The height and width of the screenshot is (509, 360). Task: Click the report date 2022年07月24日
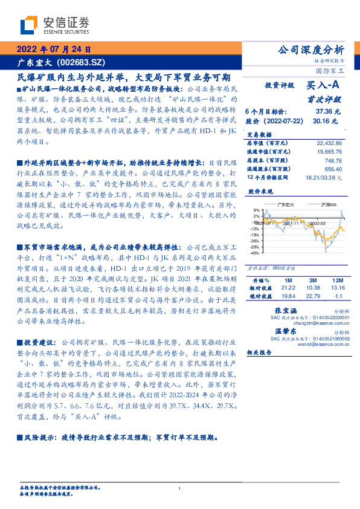[54, 49]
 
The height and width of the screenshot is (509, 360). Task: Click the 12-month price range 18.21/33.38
[324, 178]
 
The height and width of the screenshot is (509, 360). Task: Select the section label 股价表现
[261, 192]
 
